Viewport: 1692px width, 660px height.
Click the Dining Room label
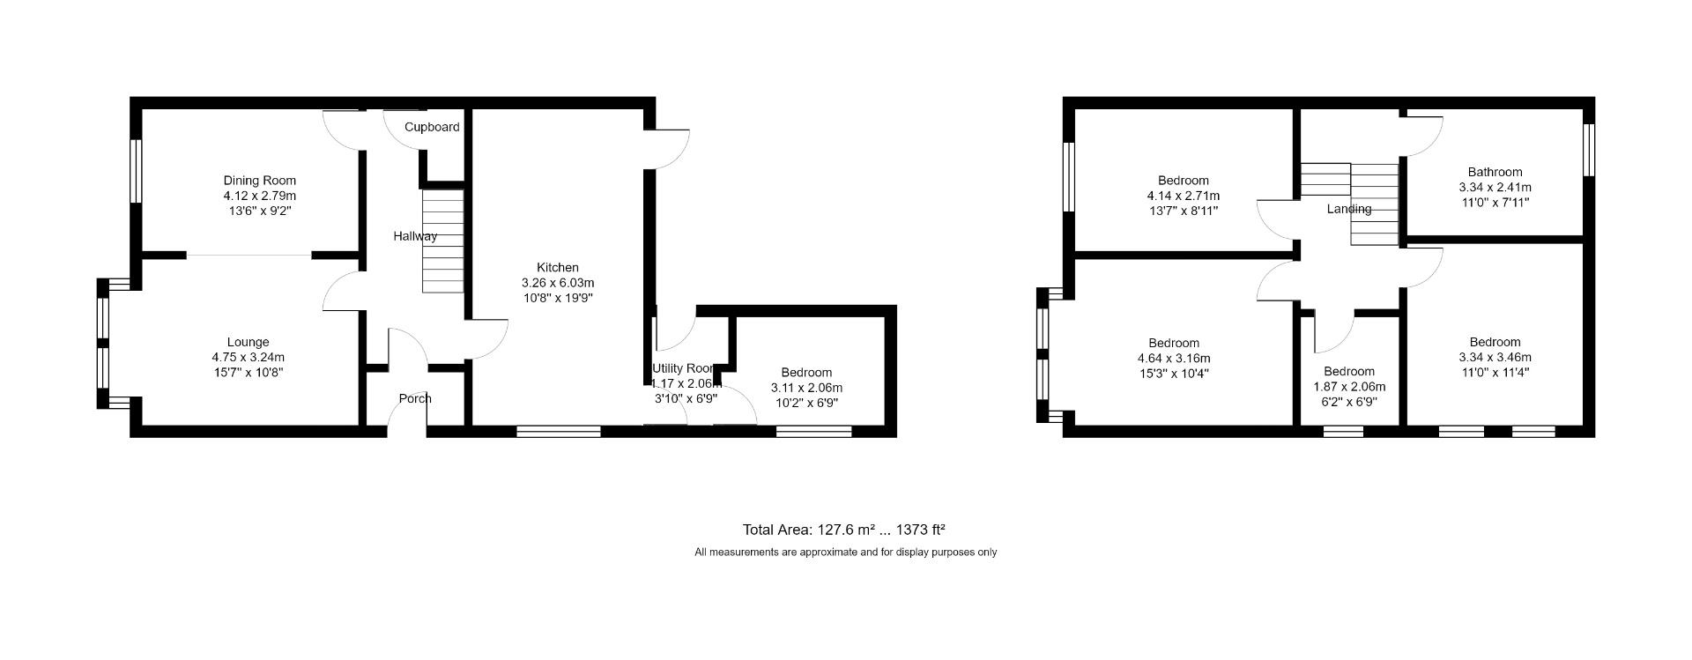259,181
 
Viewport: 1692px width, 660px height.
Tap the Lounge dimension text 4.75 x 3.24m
248,358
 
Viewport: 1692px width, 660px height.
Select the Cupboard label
432,127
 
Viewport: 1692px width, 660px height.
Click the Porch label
415,398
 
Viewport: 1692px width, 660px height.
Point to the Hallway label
414,236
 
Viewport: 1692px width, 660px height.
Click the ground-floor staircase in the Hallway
442,241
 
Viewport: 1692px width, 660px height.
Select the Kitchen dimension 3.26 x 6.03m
558,283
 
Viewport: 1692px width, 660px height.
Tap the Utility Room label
683,368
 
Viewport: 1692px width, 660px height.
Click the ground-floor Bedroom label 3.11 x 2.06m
806,373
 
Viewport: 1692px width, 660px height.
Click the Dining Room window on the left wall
137,171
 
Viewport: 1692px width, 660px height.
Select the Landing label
1349,209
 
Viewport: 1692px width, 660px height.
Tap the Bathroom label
1495,172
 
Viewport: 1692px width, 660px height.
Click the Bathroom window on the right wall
1589,149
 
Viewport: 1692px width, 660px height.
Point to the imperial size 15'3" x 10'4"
1174,374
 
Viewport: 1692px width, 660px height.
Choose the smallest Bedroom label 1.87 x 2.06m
1349,372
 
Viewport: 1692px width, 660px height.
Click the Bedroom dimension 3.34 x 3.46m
1495,358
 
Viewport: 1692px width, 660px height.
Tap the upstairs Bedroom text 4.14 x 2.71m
1184,196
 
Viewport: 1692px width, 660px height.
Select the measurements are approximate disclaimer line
845,552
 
